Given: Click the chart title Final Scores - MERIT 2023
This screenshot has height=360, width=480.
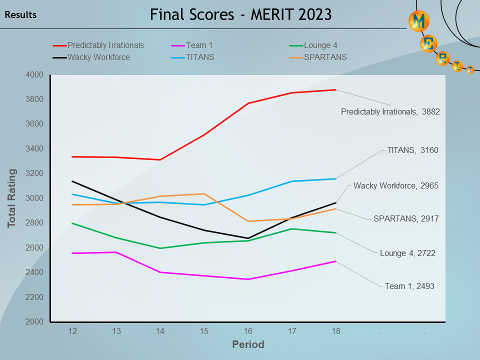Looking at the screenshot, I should pos(240,14).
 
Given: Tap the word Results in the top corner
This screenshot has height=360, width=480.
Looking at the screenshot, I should pos(20,15).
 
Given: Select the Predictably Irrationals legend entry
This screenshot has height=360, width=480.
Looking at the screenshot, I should pos(105,45).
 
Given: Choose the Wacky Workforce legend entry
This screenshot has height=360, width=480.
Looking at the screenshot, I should pos(98,57).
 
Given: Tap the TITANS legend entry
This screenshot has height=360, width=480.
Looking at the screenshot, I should pos(199,57).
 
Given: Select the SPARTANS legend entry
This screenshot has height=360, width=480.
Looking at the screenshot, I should pos(325,57).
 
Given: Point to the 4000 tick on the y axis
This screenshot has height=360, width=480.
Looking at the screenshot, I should pos(35,75).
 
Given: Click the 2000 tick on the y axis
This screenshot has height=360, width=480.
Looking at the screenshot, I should pos(35,322).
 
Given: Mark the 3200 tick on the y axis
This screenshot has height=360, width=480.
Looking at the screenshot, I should pos(35,173).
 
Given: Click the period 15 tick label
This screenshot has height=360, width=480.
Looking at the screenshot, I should pos(203,331).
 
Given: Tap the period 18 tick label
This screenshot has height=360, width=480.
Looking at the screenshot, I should pos(335,331).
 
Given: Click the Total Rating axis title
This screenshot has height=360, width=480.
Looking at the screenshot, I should pos(12,198).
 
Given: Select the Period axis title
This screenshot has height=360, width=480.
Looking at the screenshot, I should pos(248,345).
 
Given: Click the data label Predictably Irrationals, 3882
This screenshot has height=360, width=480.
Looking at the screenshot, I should pos(390,112).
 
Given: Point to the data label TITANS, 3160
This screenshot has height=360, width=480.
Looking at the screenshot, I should pos(412,150).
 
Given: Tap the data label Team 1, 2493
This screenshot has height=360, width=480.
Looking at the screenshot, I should pos(409,286).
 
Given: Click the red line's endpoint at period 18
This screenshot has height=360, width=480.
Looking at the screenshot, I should pos(335,90).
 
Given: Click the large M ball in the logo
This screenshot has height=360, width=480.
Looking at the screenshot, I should pos(419,21).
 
